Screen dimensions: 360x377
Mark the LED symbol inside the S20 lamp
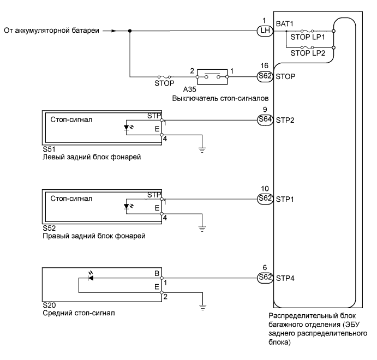[x=91, y=277]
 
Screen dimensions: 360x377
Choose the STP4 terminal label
[x=286, y=277]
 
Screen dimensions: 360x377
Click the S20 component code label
[x=48, y=306]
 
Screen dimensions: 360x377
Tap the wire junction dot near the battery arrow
[x=130, y=31]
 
